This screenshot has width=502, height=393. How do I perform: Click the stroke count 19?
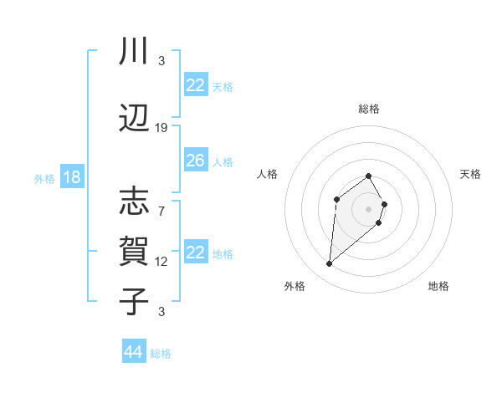click(161, 128)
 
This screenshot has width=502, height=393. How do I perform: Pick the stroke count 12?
click(161, 262)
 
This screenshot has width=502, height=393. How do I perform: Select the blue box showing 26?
click(196, 161)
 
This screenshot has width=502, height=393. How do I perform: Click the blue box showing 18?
click(71, 177)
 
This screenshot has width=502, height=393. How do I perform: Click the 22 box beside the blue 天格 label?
click(196, 84)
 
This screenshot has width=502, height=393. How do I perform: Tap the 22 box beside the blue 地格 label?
click(196, 253)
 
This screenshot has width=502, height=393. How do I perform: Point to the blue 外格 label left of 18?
click(44, 178)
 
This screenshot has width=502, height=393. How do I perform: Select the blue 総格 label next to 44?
click(161, 354)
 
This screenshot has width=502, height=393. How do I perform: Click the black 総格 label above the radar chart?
click(368, 109)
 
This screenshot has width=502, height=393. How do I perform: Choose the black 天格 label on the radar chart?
click(470, 174)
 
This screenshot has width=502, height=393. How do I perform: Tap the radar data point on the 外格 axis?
click(329, 264)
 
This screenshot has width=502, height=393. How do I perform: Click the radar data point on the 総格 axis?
click(368, 176)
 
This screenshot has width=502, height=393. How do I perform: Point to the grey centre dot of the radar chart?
click(368, 208)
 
